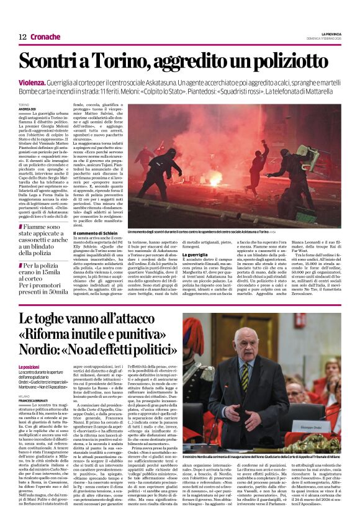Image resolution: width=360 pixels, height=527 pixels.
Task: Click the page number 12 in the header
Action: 22,37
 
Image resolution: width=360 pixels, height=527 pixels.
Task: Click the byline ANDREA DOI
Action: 27,110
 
